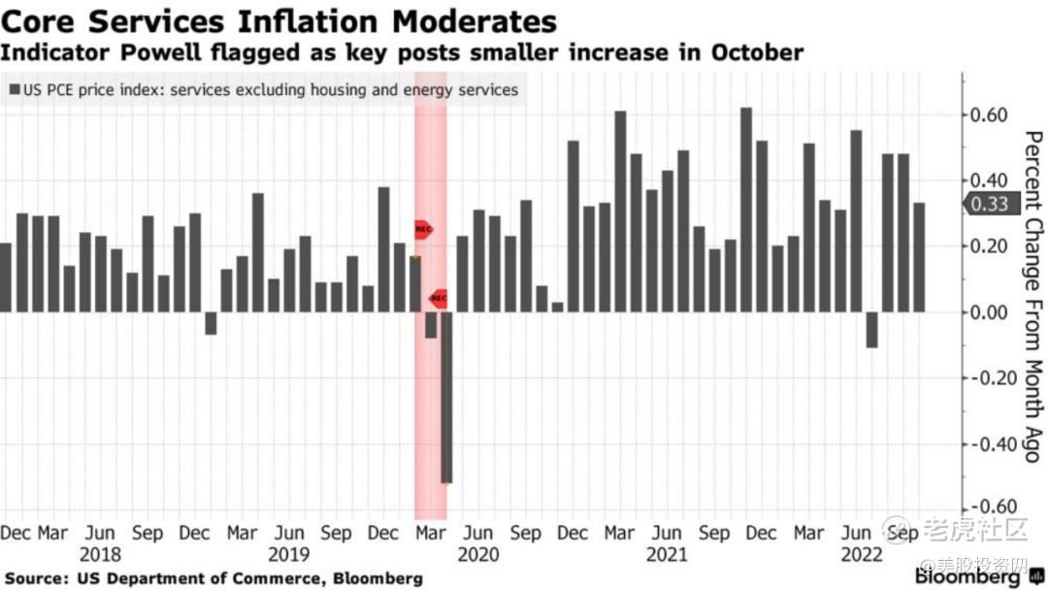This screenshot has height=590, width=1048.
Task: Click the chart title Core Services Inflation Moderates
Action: tap(279, 21)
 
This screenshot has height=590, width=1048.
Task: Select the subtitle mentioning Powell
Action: tap(402, 52)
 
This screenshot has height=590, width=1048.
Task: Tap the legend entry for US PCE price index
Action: tap(264, 90)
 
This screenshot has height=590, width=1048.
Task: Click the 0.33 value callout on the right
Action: tap(986, 204)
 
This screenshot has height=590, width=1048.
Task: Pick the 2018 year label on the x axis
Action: tap(100, 555)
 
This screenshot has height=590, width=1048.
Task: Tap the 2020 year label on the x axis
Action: tap(477, 555)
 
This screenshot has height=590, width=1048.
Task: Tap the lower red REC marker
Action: tap(439, 298)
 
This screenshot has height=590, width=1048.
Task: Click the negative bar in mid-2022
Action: tap(872, 330)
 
